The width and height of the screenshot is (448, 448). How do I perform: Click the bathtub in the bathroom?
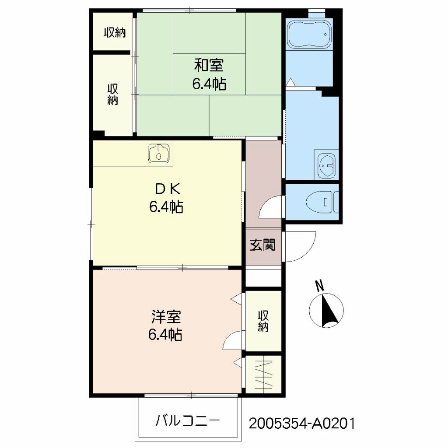[310, 34]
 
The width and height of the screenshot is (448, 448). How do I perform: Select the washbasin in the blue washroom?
[326, 165]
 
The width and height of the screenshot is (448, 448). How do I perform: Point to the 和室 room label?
[209, 65]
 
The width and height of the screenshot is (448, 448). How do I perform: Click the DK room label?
[168, 189]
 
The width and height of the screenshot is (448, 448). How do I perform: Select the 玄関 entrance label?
[262, 245]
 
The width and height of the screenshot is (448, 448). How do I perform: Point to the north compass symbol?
[326, 310]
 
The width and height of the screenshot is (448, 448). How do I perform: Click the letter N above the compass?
[319, 286]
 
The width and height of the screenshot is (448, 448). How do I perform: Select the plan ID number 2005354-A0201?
[302, 423]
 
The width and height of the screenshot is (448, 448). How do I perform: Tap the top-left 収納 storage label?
[115, 32]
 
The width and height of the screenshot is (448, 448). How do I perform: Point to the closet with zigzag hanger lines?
[263, 374]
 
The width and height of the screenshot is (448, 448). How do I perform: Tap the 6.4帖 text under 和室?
[209, 84]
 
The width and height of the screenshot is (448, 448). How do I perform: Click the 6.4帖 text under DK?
[166, 207]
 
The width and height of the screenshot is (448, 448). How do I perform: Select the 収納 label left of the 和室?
[113, 94]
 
